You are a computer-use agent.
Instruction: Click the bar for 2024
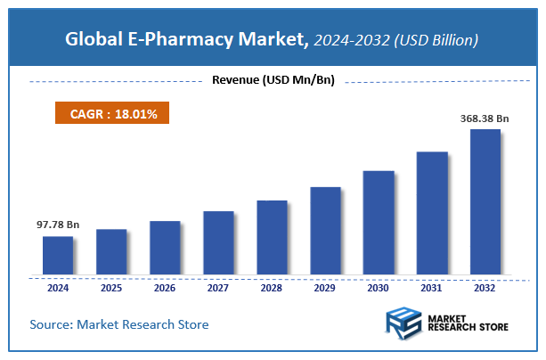click(58, 255)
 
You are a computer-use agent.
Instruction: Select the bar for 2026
click(165, 247)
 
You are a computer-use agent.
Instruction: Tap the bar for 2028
click(272, 237)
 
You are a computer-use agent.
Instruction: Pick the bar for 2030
click(378, 222)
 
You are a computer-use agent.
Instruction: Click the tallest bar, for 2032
click(485, 201)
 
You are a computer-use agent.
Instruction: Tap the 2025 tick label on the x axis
click(111, 288)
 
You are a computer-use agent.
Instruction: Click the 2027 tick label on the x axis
click(218, 288)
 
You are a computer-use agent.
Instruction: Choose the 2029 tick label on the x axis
click(325, 288)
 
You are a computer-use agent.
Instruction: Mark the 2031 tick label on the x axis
click(431, 288)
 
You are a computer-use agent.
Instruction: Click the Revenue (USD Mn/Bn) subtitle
click(273, 81)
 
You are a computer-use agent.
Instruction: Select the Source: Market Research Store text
click(119, 324)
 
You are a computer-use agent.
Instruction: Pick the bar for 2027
click(218, 242)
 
